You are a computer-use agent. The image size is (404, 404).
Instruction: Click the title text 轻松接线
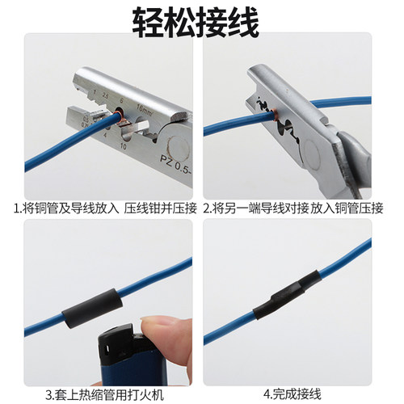[x=202, y=22]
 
